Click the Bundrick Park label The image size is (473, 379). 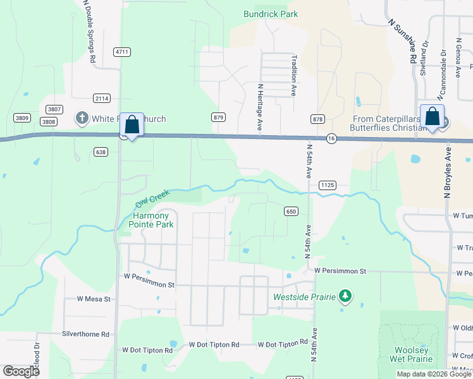(271, 14)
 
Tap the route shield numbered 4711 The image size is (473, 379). (122, 52)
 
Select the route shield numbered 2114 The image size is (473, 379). (102, 98)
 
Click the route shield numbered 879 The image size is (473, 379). (219, 117)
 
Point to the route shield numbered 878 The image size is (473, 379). (317, 119)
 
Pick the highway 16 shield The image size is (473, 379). (331, 138)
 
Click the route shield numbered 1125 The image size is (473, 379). (327, 185)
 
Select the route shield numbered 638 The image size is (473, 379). (99, 152)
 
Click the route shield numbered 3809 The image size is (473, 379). (23, 118)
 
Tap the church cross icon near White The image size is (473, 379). (82, 117)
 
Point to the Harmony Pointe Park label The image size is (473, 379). (150, 219)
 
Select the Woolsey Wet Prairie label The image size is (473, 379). (412, 355)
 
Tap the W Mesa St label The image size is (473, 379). (94, 299)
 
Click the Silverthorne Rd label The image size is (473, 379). (85, 334)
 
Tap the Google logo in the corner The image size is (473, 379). (21, 371)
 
